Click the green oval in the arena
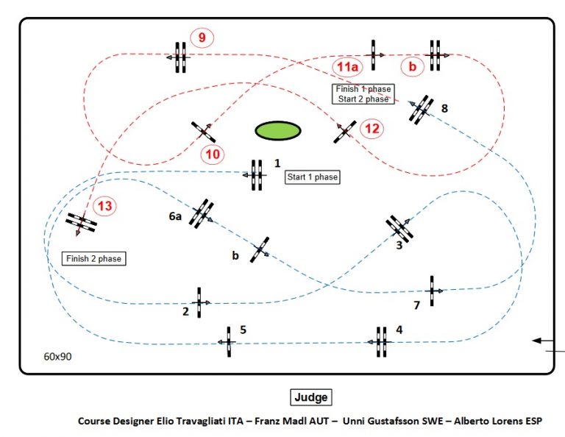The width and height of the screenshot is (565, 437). tap(278, 130)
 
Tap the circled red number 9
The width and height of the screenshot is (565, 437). tap(202, 38)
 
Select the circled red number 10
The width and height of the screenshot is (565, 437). tap(213, 154)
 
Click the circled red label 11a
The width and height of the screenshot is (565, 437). tap(347, 67)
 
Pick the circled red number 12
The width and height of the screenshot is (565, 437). tap(372, 129)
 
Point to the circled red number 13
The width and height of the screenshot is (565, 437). tap(105, 206)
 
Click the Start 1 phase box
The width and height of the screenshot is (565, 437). tap(313, 177)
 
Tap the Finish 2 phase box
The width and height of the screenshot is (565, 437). tap(93, 259)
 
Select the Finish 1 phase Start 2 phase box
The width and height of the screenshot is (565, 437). tap(363, 94)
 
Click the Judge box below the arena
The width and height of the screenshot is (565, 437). tap(311, 397)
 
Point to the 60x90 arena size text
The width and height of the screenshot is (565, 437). tap(57, 356)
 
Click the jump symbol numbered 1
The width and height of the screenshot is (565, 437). tap(257, 175)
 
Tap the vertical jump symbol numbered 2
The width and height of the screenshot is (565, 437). tap(199, 302)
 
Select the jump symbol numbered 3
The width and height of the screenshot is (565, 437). tap(399, 228)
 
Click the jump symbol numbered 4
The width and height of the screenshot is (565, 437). tap(381, 342)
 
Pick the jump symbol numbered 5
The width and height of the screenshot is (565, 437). tap(229, 342)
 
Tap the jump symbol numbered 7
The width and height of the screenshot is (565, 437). tap(432, 291)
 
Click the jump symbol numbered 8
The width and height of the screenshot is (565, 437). tap(422, 110)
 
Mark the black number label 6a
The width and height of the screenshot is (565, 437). tap(175, 216)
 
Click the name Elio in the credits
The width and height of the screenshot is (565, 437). tap(167, 421)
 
